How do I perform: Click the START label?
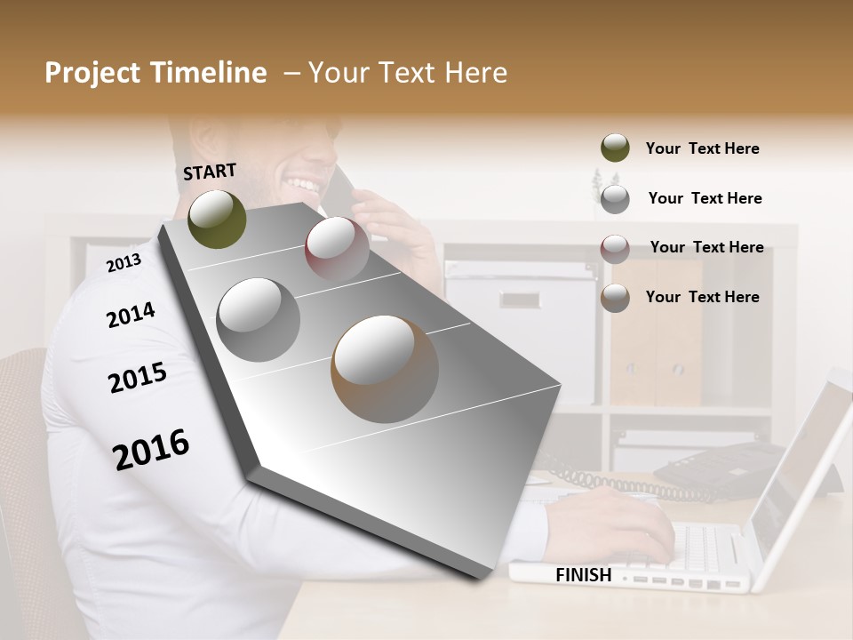(210, 172)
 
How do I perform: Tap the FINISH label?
(584, 575)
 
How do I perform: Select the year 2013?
(124, 262)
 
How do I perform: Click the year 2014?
(131, 315)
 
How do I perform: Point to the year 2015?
(138, 378)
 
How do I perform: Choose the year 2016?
(151, 449)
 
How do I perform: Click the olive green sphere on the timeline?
(217, 219)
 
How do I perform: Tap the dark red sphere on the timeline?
(337, 249)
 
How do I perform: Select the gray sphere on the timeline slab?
(259, 319)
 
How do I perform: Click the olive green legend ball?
(615, 148)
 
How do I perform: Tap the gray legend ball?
(615, 198)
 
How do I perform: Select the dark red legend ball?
(615, 248)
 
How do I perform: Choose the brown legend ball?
(615, 298)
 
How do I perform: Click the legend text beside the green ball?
(702, 148)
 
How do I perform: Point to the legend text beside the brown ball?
(702, 297)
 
